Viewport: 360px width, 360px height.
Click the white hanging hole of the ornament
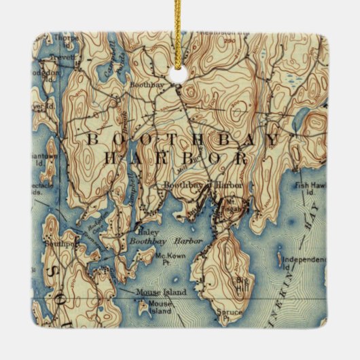tap(181, 76)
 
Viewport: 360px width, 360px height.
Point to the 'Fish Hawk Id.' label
tap(312, 186)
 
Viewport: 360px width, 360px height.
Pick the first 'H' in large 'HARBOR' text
tap(109, 160)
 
